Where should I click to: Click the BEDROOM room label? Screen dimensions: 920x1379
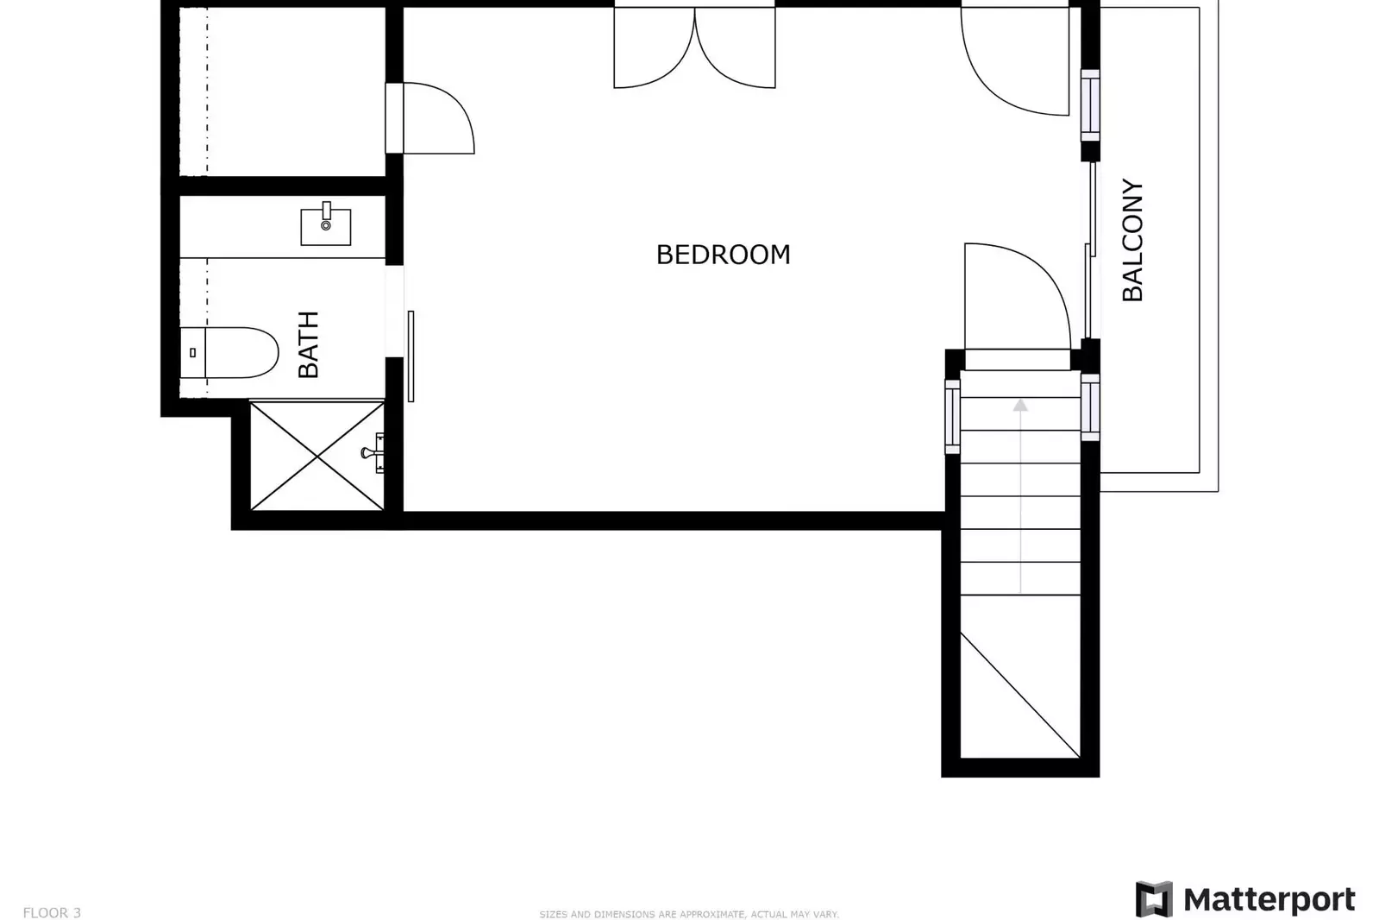coord(723,255)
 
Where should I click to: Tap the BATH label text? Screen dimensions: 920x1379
coord(309,344)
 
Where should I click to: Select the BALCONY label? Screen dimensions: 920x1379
coord(1131,240)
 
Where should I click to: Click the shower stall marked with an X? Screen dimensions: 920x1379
coord(317,456)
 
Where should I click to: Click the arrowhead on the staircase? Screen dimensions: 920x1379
coord(1020,405)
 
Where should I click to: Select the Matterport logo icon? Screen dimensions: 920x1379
coord(1154,899)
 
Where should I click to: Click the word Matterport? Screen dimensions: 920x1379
coord(1269,899)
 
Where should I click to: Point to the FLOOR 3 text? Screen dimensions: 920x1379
coord(52,912)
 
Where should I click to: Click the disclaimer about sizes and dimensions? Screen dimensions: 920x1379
coord(688,914)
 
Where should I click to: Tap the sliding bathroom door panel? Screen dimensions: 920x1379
coord(411,356)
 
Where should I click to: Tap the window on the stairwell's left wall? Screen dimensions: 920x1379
coord(952,415)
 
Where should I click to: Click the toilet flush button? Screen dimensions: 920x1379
coord(192,352)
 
